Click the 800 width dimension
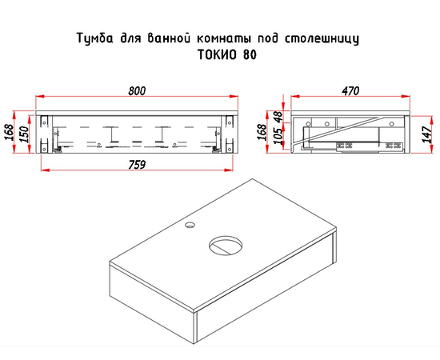point(137,90)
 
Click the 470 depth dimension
point(350,90)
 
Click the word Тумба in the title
point(92,38)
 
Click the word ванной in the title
point(166,38)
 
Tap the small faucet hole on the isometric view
point(188,227)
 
